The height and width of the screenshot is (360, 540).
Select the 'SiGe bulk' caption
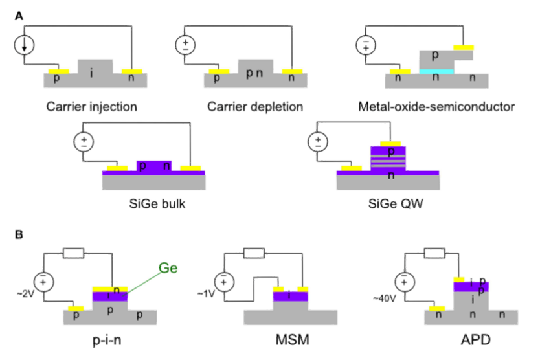click(x=153, y=206)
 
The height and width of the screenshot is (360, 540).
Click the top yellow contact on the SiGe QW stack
click(x=388, y=144)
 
